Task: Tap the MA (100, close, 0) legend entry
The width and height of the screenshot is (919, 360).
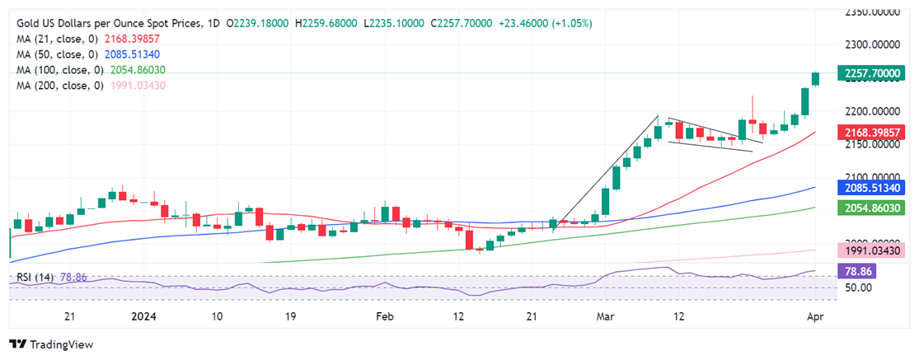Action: [x=59, y=70]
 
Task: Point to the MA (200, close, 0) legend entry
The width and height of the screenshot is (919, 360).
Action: [x=59, y=85]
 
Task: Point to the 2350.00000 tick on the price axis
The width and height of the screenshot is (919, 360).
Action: [x=874, y=12]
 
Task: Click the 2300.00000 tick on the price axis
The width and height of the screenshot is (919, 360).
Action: [x=874, y=45]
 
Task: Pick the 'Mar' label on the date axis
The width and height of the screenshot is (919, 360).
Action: [x=605, y=316]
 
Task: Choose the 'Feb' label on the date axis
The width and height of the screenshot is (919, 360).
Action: [x=385, y=316]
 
